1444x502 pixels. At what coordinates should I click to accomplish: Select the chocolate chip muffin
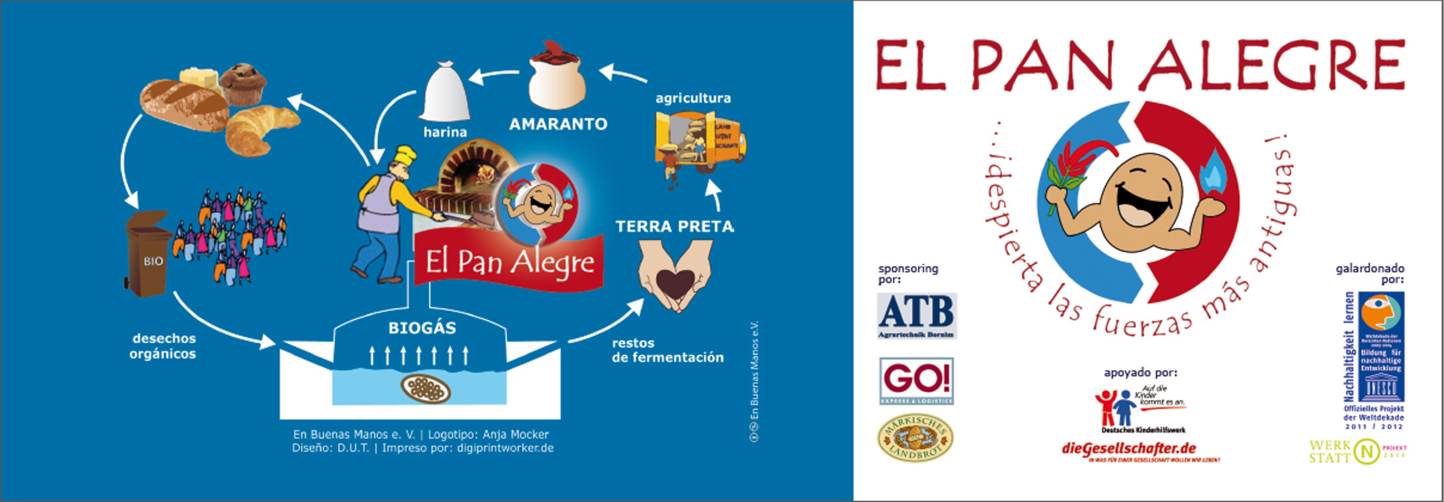pyautogui.click(x=243, y=84)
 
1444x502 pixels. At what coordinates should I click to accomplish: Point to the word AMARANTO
pyautogui.click(x=558, y=124)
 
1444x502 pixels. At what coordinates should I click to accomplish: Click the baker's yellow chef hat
pyautogui.click(x=405, y=156)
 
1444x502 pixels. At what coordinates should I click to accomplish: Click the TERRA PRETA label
pyautogui.click(x=674, y=226)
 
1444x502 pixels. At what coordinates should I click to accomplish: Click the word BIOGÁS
pyautogui.click(x=422, y=328)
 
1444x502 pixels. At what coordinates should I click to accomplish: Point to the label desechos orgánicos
pyautogui.click(x=163, y=346)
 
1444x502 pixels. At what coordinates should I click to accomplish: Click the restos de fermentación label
pyautogui.click(x=667, y=350)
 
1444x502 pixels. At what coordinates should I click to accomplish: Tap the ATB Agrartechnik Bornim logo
pyautogui.click(x=917, y=316)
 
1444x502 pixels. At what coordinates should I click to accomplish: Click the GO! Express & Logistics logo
pyautogui.click(x=916, y=381)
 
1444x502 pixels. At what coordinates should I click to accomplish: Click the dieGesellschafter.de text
pyautogui.click(x=1128, y=449)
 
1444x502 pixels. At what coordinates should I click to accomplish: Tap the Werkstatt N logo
pyautogui.click(x=1357, y=451)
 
